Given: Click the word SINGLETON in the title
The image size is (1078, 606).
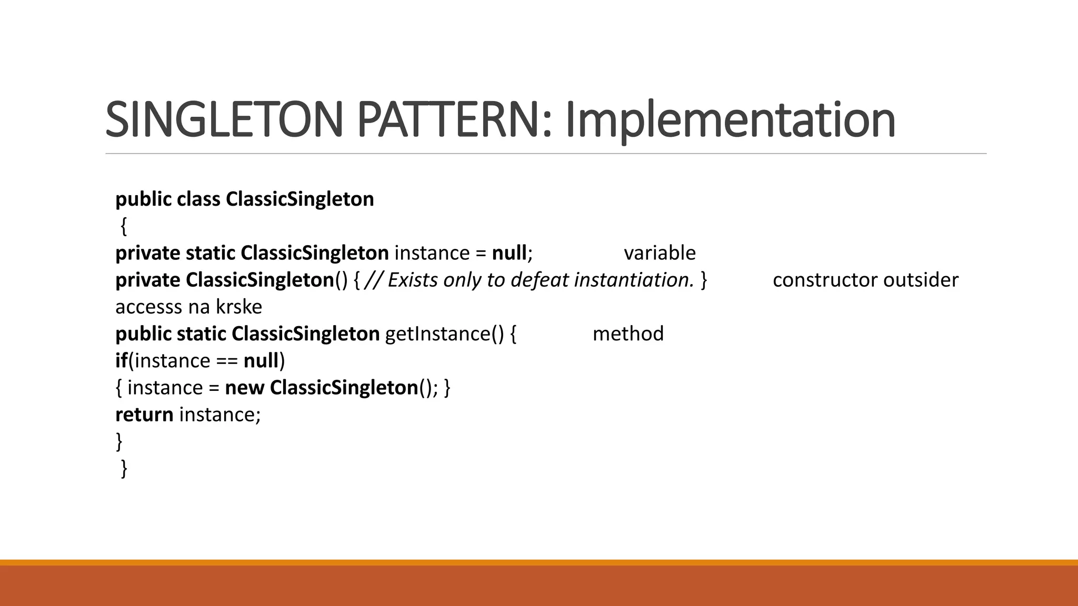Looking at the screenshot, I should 224,120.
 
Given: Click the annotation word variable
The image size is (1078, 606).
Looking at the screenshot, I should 660,253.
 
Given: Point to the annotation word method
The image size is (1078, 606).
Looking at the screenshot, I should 628,334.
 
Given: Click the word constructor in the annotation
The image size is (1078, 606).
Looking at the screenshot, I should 825,280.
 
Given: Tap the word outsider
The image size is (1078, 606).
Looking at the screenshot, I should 921,280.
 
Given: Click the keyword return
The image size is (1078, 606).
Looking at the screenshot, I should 144,415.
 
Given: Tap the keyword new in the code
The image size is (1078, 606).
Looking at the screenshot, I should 244,388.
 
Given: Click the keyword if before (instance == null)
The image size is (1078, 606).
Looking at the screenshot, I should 121,360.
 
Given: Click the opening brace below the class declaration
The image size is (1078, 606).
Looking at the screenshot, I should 123,227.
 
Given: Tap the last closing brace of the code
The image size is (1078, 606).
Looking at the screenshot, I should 124,468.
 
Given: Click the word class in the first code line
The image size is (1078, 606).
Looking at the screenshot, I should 198,199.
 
